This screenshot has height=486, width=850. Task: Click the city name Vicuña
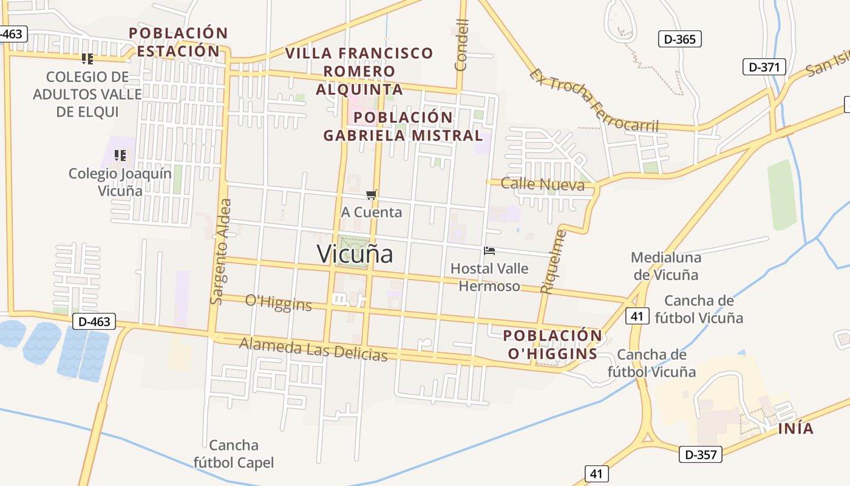(x=355, y=254)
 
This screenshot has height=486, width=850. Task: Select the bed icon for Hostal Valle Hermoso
(x=489, y=250)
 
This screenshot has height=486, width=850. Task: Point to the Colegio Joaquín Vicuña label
(x=120, y=182)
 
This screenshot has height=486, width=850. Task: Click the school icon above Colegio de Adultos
(x=87, y=59)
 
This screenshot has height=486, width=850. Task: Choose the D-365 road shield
(x=680, y=39)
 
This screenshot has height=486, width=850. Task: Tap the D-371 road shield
(x=764, y=67)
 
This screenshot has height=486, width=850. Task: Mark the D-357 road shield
(x=700, y=454)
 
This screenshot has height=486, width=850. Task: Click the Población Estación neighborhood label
(x=178, y=42)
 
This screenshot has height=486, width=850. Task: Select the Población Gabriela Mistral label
(x=403, y=126)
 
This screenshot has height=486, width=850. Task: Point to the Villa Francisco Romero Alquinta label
(x=359, y=71)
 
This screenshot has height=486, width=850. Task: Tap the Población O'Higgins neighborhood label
(x=552, y=344)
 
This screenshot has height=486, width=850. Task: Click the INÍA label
(x=796, y=428)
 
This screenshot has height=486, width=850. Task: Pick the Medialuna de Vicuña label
(x=665, y=266)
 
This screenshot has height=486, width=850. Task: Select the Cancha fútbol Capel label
(x=234, y=454)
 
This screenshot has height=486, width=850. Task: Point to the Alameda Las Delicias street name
(x=313, y=349)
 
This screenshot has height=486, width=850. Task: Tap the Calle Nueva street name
(x=543, y=185)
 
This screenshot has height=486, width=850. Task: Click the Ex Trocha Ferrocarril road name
(x=594, y=100)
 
